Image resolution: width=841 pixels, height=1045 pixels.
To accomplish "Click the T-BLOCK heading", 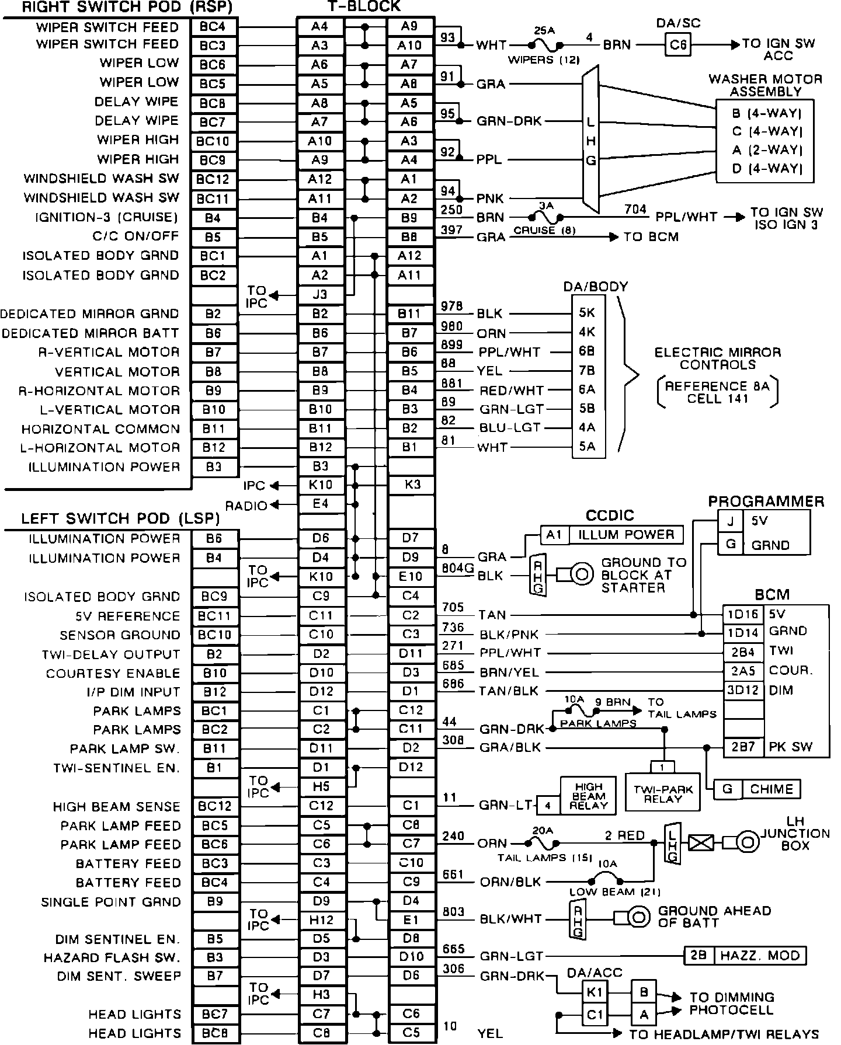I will (363, 7).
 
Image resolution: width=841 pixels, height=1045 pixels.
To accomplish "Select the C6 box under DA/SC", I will (677, 44).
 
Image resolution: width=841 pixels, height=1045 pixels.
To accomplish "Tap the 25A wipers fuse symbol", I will (544, 44).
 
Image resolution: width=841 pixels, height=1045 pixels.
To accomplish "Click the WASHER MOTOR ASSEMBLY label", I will (765, 85).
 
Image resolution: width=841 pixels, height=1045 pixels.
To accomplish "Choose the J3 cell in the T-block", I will (320, 294).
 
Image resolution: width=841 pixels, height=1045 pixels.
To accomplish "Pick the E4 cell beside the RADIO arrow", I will (320, 504).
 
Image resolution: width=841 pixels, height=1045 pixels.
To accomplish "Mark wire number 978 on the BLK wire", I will (452, 306).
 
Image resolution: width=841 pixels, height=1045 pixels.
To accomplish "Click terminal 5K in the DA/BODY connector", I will (587, 313).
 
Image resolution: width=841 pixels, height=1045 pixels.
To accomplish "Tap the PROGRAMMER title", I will (766, 501).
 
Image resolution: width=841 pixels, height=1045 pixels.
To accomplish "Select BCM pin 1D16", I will (743, 614).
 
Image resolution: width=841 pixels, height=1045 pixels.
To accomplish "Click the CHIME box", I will (772, 789).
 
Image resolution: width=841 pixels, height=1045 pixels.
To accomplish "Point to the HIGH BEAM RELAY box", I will (588, 796).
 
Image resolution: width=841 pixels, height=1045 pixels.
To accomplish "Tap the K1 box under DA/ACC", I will (595, 992).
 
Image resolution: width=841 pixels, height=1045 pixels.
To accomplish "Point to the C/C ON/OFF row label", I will (135, 236).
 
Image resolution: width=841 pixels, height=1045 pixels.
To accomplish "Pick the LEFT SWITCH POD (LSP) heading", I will (120, 519).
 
